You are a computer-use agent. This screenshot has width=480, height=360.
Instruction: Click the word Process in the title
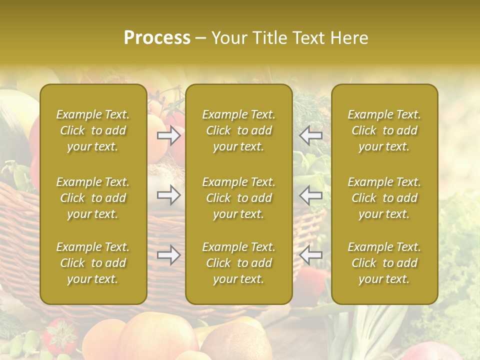click(157, 38)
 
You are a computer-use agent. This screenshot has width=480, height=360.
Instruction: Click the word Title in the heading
click(269, 38)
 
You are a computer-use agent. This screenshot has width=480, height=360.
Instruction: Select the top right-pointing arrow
click(169, 135)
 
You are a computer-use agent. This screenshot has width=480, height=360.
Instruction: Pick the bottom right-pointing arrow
click(169, 255)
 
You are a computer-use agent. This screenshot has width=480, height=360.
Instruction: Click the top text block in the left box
click(93, 130)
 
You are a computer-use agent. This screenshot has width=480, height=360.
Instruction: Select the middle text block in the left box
click(93, 198)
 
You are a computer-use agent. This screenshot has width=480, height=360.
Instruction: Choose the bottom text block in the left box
click(93, 263)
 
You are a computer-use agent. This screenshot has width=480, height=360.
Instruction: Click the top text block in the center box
click(238, 130)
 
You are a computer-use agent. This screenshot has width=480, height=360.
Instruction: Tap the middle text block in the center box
click(238, 198)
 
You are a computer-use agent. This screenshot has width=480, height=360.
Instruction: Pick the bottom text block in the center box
click(238, 263)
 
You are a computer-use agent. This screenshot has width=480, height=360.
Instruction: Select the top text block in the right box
click(384, 130)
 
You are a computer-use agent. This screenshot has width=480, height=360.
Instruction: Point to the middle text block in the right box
click(384, 198)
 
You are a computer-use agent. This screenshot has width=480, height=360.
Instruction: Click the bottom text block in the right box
click(384, 263)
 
